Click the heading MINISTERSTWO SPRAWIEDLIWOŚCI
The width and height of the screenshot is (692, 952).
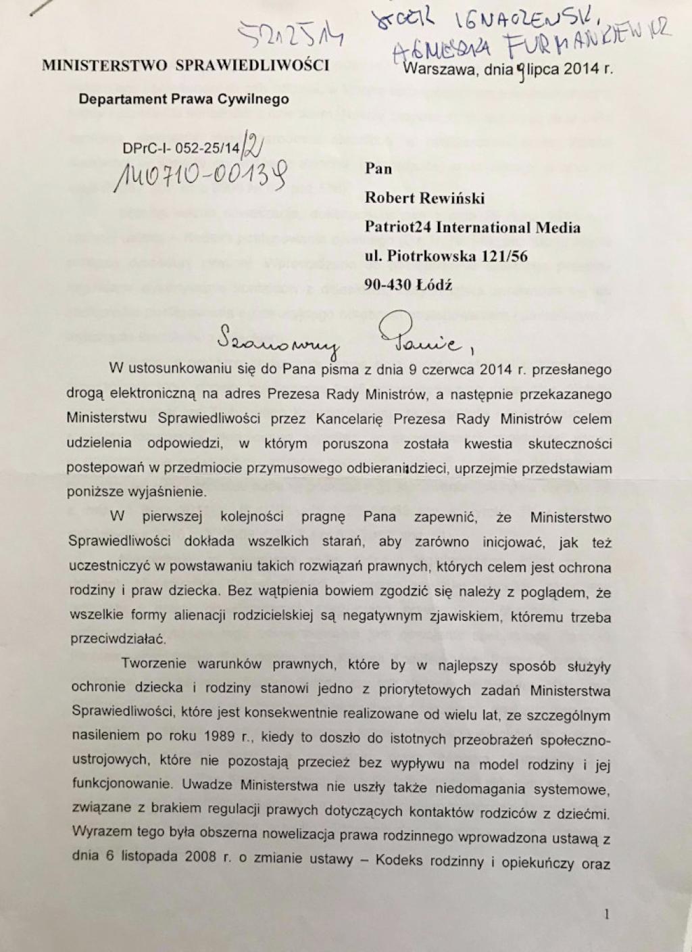(x=186, y=66)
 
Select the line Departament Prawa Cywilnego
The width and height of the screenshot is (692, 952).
(x=184, y=99)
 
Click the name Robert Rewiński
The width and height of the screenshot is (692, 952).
(x=424, y=198)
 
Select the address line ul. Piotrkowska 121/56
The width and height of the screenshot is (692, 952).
(x=446, y=256)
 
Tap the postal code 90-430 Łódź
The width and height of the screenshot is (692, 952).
(x=410, y=285)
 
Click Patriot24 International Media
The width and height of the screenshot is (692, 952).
(x=472, y=227)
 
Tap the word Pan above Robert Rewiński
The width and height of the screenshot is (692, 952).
(x=378, y=169)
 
